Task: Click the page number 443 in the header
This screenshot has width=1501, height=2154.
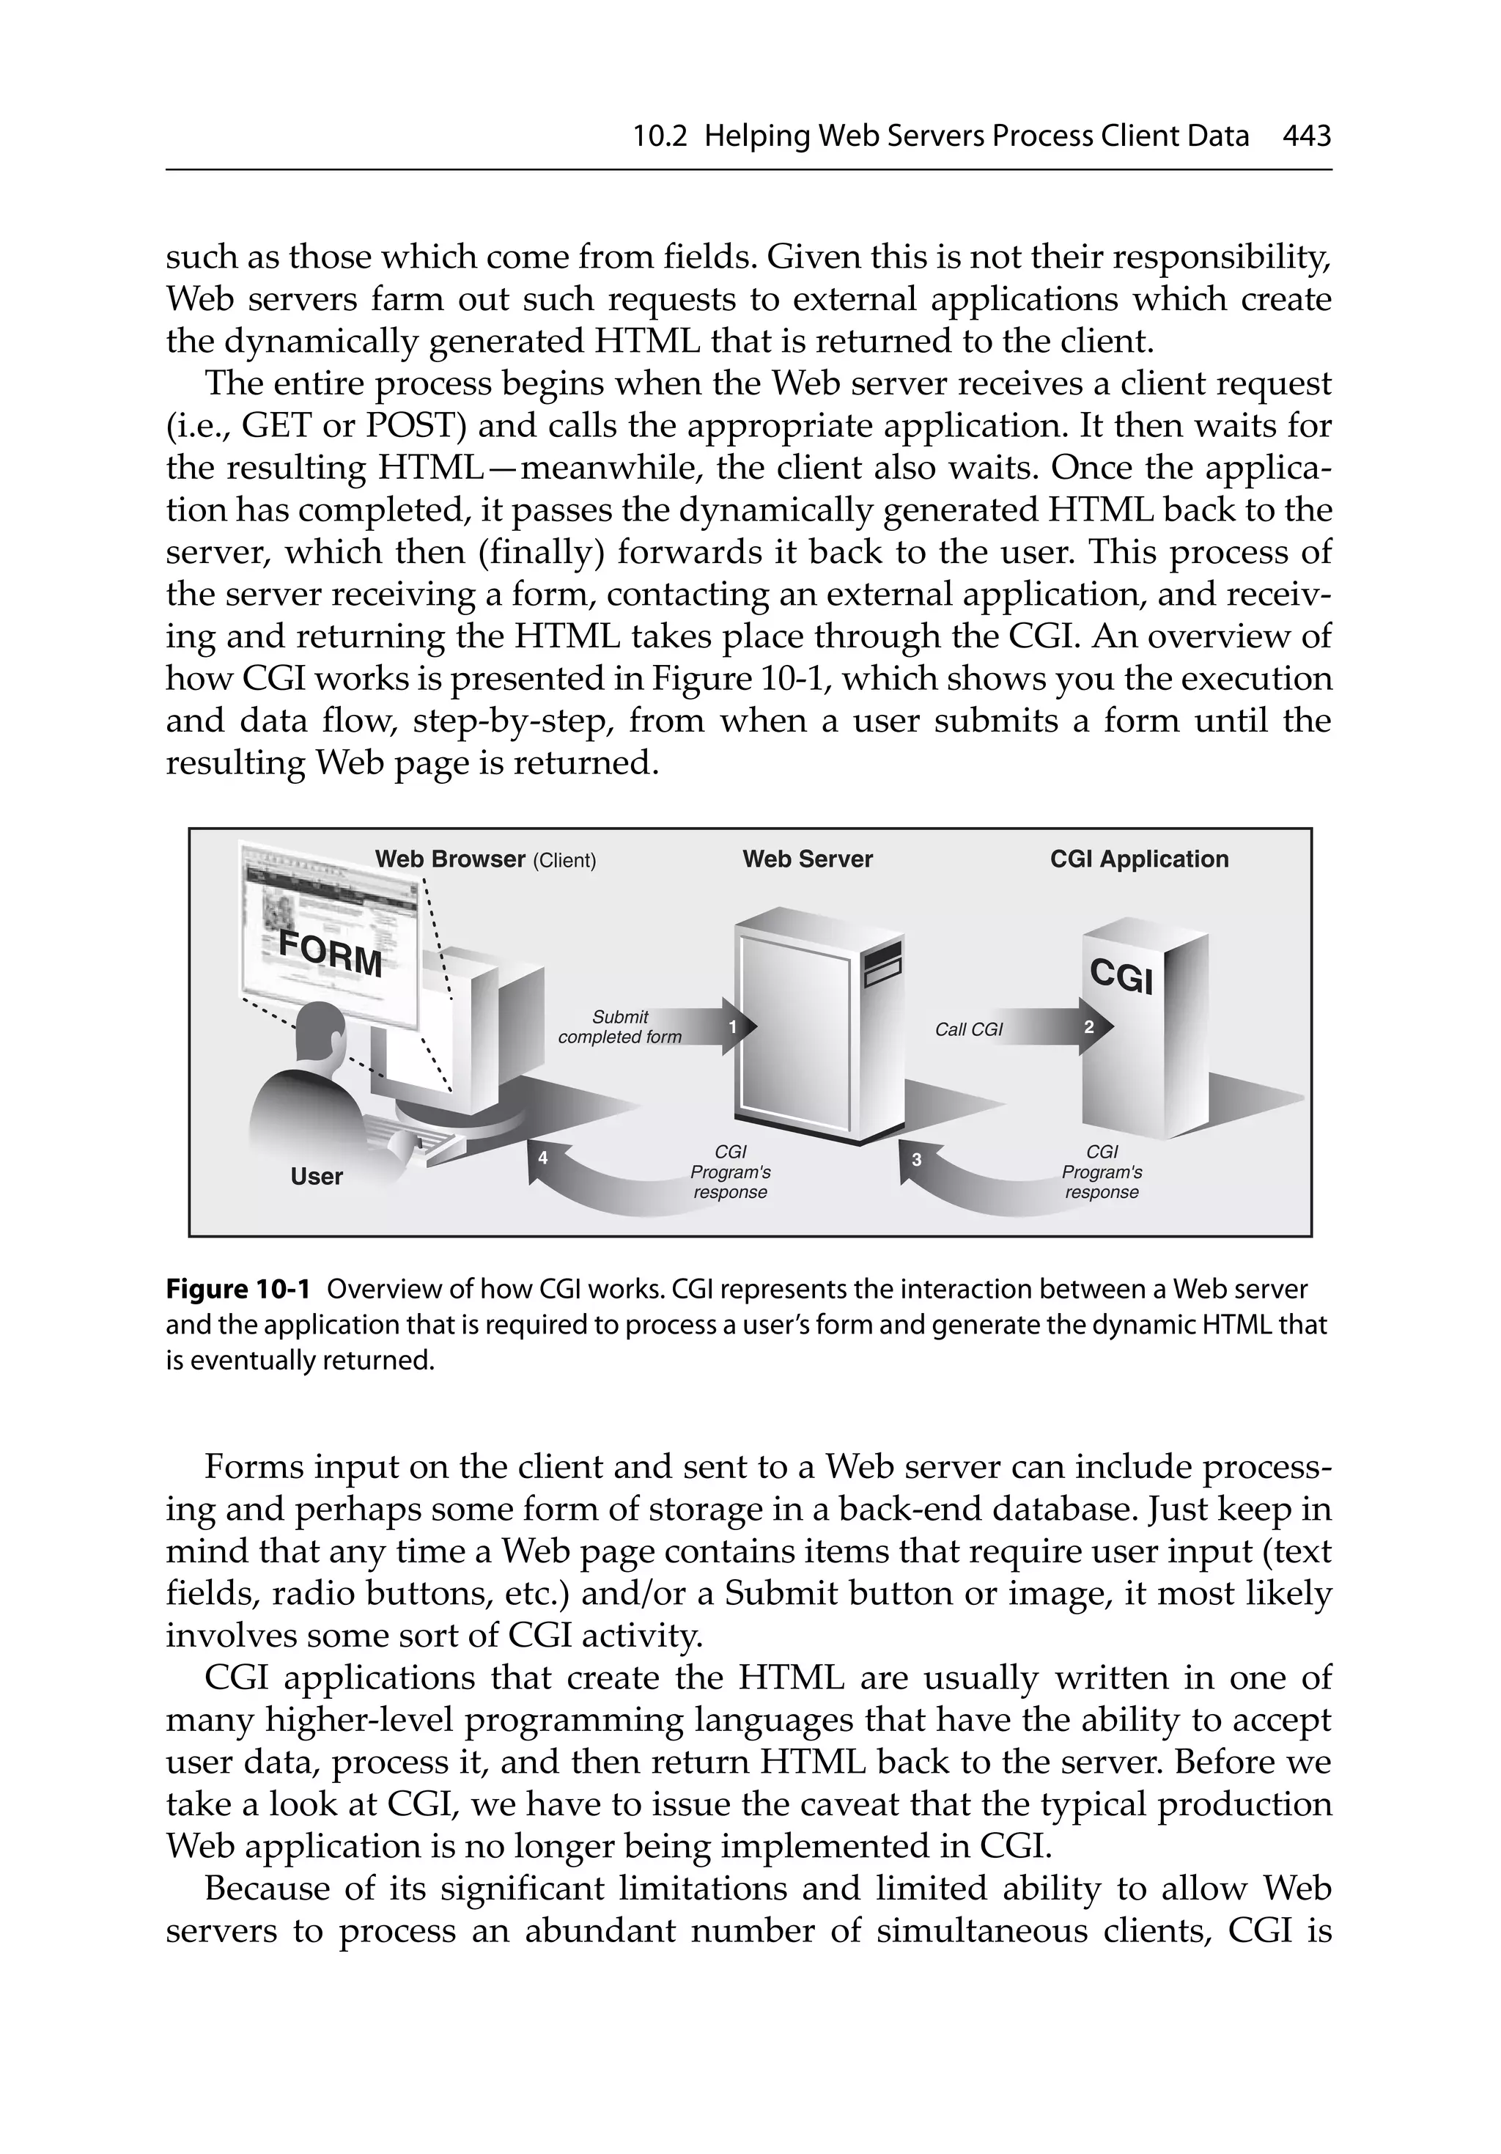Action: coord(1306,137)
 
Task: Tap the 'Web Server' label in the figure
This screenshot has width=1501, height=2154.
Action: coord(807,859)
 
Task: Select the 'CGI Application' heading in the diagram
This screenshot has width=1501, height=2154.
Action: coord(1138,859)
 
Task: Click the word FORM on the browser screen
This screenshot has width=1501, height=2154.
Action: coord(331,955)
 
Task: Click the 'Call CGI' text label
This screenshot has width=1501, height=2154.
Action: coord(968,1030)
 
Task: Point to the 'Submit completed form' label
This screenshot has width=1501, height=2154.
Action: coord(619,1027)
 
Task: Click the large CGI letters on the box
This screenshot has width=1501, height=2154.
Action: coord(1121,976)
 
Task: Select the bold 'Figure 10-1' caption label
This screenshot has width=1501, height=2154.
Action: coord(237,1290)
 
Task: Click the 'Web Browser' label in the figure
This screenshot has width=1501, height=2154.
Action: coord(450,859)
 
